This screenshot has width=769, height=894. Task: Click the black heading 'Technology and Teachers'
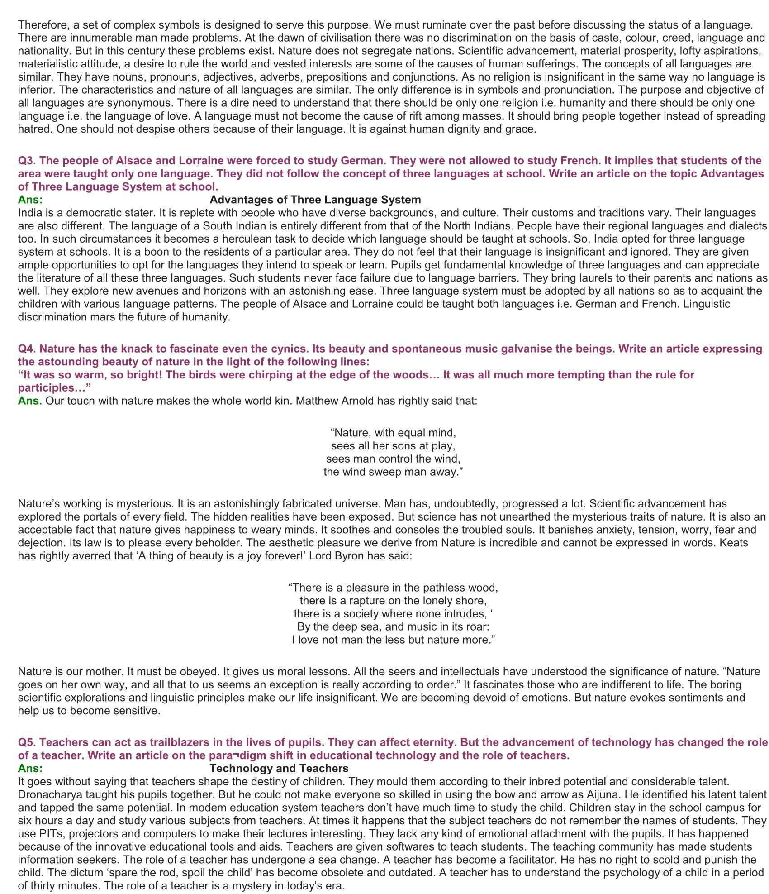click(x=279, y=768)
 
